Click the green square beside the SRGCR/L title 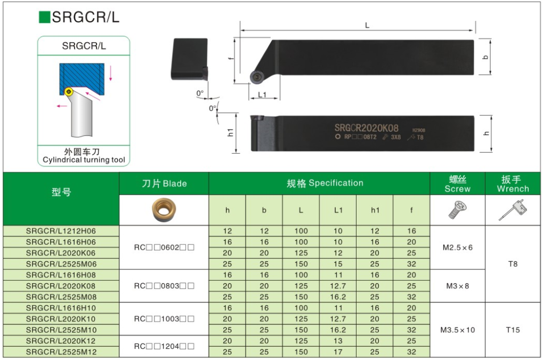tap(44, 17)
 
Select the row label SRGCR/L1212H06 tap(61, 231)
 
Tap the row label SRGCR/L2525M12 tap(61, 352)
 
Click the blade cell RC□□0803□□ tap(164, 286)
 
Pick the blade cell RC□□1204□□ tap(164, 347)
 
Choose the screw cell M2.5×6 tap(458, 247)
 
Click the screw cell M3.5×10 tap(458, 330)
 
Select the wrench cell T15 tap(513, 330)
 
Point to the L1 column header tap(338, 210)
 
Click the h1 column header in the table tap(375, 210)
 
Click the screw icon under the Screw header tap(457, 210)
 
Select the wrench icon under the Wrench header tap(512, 210)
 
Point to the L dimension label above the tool tap(367, 25)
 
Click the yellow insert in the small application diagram tap(69, 92)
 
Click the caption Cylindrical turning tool tap(84, 160)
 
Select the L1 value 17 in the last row tap(338, 352)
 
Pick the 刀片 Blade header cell tap(164, 183)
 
